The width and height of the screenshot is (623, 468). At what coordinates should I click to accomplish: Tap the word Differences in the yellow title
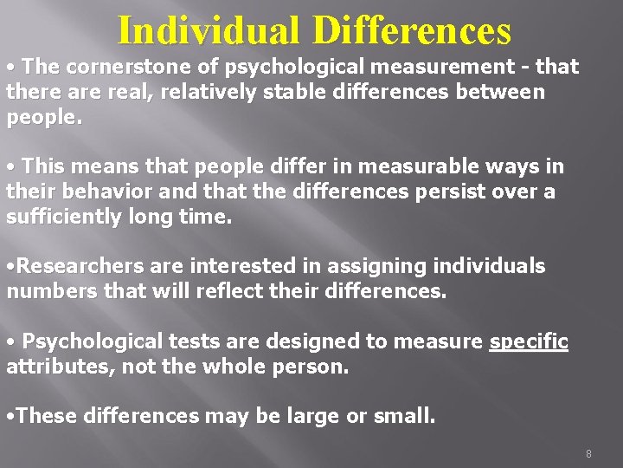coord(414,30)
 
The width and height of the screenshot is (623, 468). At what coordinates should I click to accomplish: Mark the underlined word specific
coord(529,341)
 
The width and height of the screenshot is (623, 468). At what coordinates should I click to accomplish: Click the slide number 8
coord(588,453)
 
